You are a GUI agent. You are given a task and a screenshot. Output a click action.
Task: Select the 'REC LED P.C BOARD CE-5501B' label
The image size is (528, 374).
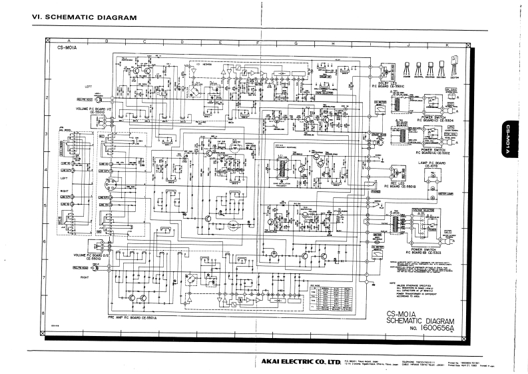coord(401,186)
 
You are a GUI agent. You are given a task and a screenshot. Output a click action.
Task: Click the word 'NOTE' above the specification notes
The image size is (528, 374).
coord(392,281)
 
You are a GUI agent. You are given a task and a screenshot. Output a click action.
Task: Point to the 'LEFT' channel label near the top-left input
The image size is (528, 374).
coord(88,86)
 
